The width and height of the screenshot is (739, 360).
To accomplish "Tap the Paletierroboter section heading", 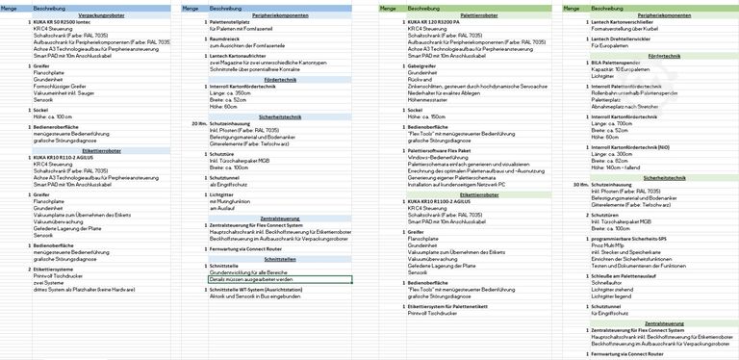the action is [459, 16].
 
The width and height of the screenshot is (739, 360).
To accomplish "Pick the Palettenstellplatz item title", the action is [237, 23].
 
